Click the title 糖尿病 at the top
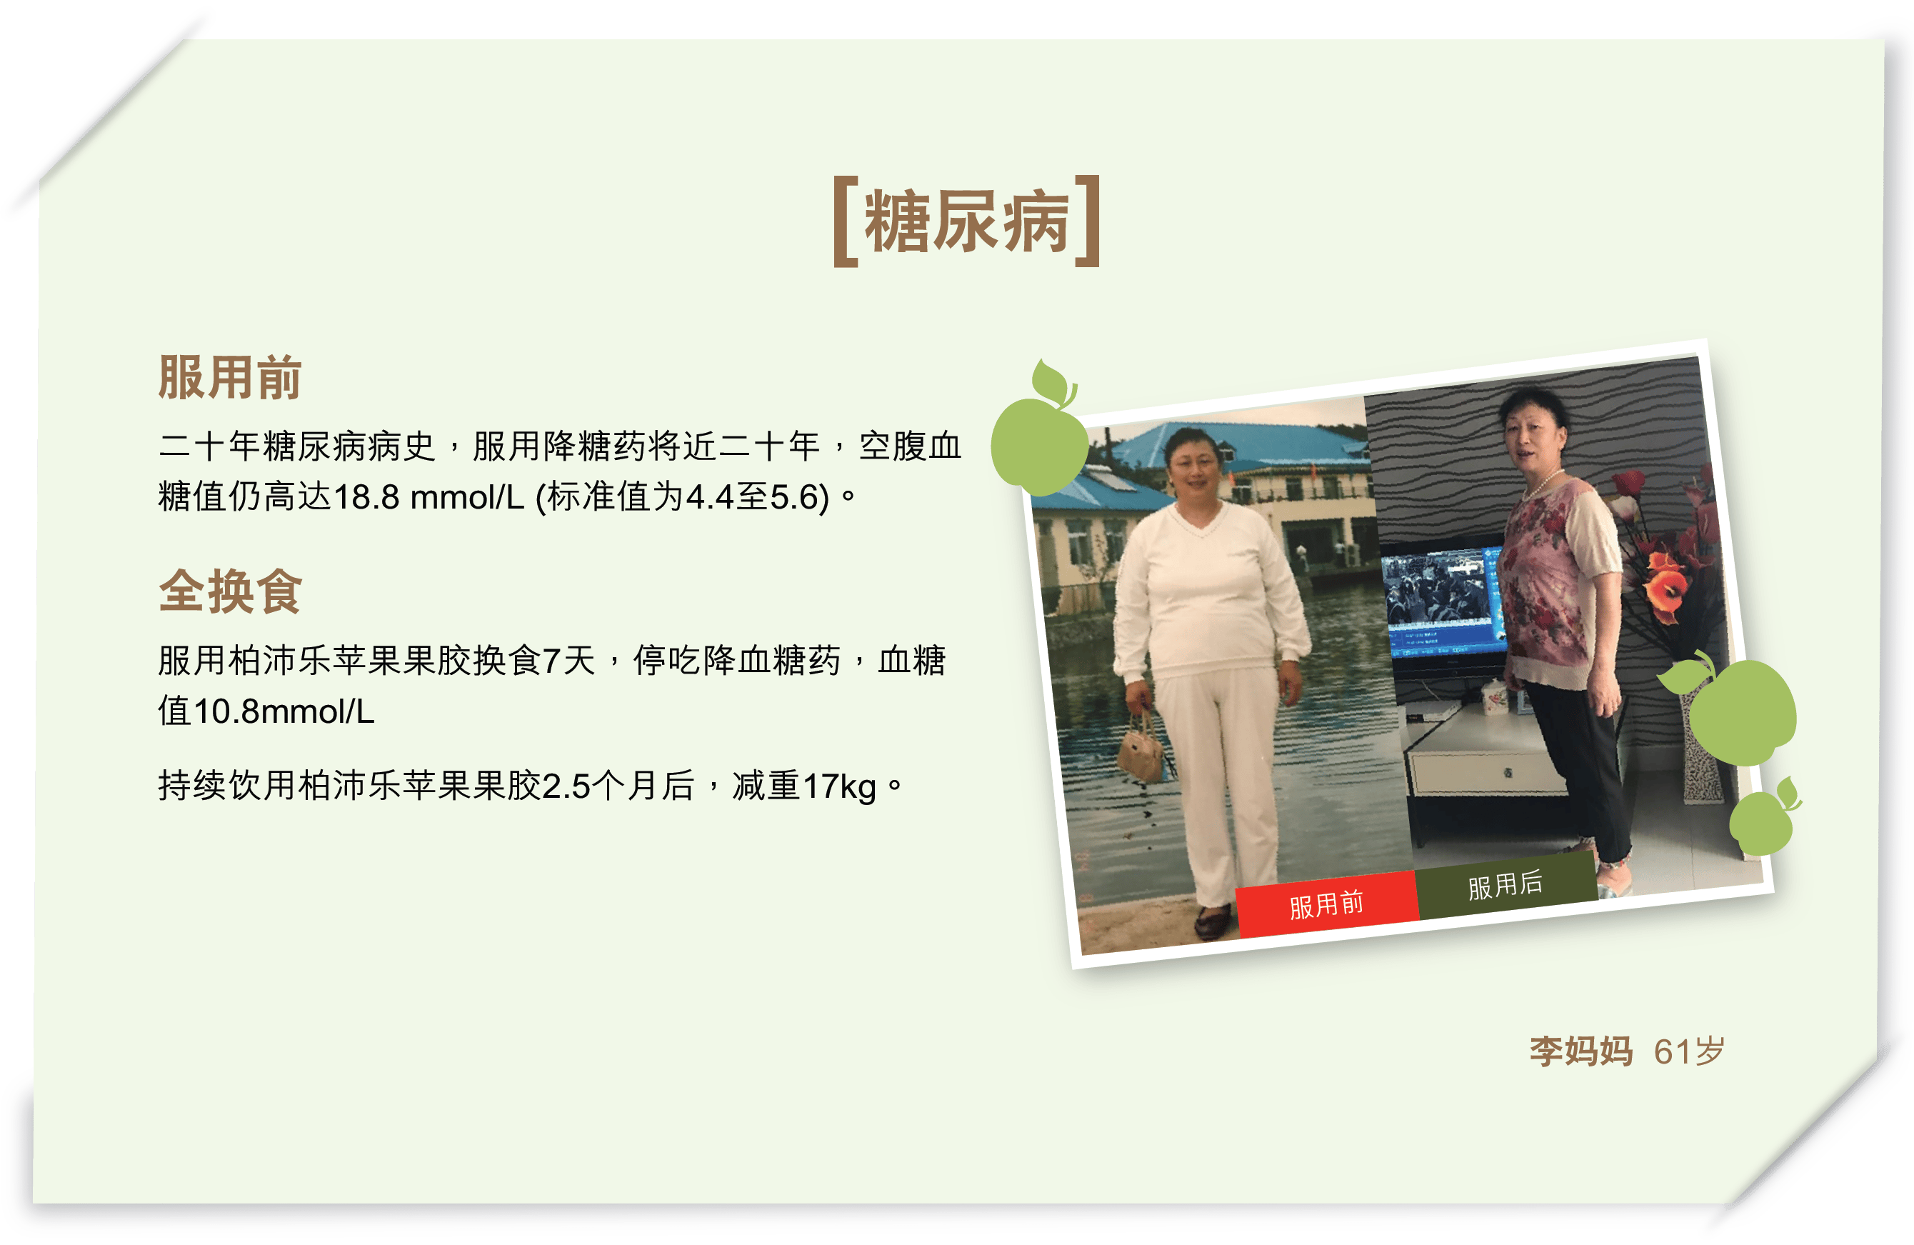tap(967, 221)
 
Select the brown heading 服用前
tap(230, 377)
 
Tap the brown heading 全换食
tap(230, 591)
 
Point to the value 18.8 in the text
tap(366, 497)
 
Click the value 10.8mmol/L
tap(284, 711)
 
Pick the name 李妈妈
tap(1581, 1051)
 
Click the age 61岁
tap(1689, 1051)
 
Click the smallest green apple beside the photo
tap(1763, 816)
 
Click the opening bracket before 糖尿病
tap(845, 221)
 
